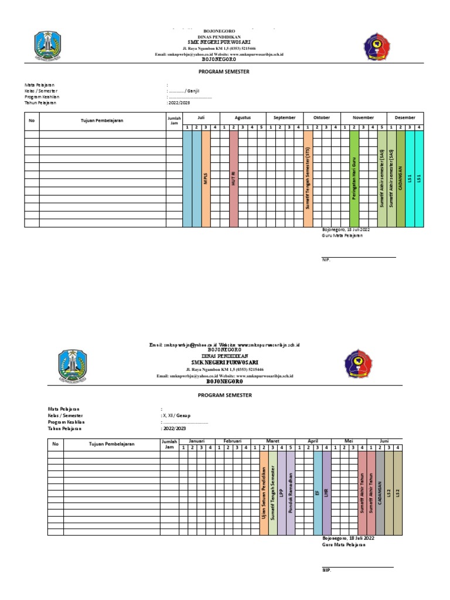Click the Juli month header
point(201,117)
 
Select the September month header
point(285,117)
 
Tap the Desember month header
point(405,117)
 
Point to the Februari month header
point(232,441)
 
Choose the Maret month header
point(273,441)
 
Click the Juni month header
point(384,441)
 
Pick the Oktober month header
point(322,117)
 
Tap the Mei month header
point(348,441)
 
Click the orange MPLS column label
point(206,179)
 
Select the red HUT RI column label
point(234,179)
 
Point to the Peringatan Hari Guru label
point(354,179)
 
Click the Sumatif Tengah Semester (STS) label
point(308,179)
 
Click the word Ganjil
point(194,91)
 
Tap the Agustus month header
point(243,117)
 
